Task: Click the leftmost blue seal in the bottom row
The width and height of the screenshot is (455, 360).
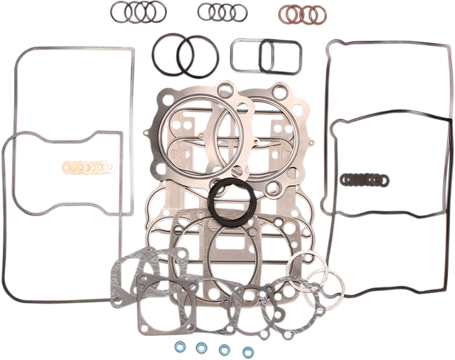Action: (x=178, y=346)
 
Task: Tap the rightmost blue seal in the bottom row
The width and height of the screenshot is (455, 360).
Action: (x=249, y=349)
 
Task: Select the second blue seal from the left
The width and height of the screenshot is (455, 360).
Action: (x=201, y=349)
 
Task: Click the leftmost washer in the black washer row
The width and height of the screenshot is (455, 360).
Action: (x=344, y=179)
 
